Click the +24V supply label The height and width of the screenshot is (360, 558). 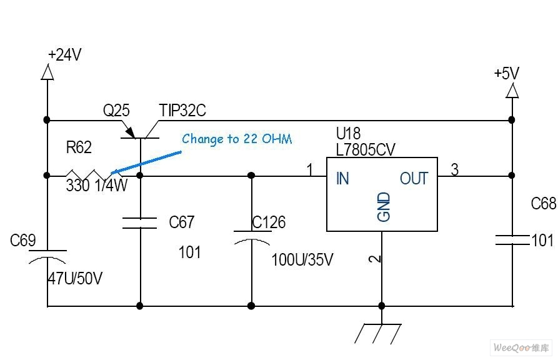66,55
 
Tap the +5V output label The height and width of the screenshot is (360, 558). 506,73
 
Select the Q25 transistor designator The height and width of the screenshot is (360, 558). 116,111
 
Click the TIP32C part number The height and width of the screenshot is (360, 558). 182,111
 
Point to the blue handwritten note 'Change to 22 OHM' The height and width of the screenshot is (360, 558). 237,139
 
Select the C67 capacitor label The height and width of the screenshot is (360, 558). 182,222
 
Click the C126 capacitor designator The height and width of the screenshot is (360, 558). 269,222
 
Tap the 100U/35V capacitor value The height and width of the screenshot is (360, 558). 302,259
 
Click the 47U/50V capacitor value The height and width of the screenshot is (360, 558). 74,278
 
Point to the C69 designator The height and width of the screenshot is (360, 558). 23,241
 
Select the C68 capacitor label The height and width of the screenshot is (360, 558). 543,204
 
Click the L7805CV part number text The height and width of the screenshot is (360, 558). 366,149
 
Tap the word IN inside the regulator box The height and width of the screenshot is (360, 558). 342,179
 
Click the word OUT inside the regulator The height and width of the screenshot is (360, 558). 414,179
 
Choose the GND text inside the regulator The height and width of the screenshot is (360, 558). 384,207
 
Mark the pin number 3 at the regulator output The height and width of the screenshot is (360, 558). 454,169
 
